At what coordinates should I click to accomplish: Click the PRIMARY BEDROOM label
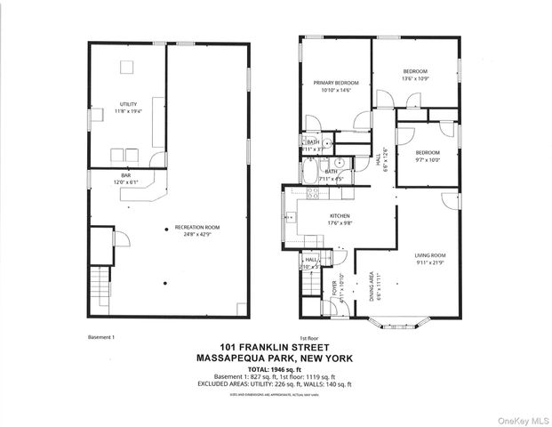334,83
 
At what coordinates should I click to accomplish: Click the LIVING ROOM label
429,256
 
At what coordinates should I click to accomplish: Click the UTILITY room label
129,104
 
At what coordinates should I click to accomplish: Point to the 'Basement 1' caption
103,338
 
